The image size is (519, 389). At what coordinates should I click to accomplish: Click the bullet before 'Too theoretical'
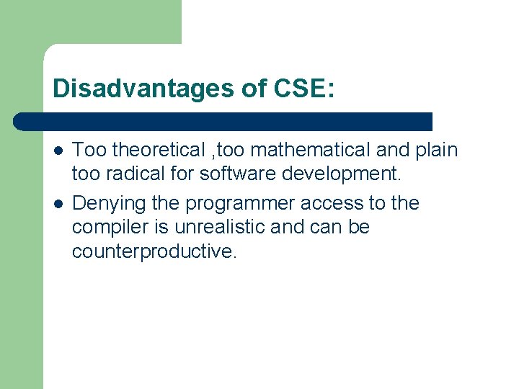pyautogui.click(x=58, y=151)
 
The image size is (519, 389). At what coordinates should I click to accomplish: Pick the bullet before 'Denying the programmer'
pyautogui.click(x=58, y=204)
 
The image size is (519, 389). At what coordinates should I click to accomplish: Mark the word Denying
pyautogui.click(x=100, y=204)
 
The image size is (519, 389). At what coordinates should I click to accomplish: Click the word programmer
pyautogui.click(x=236, y=204)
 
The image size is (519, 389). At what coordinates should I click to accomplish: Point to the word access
pyautogui.click(x=328, y=204)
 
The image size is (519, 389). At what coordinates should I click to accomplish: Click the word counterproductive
pyautogui.click(x=154, y=251)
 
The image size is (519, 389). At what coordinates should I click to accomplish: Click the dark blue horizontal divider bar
pyautogui.click(x=223, y=121)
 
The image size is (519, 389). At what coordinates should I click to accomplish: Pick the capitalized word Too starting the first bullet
pyautogui.click(x=89, y=150)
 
